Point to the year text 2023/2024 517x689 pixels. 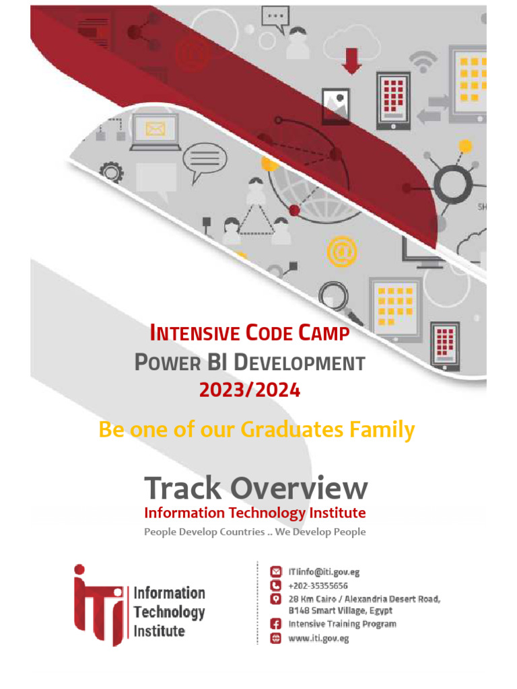tap(249, 390)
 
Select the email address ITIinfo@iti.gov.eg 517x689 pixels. tap(324, 572)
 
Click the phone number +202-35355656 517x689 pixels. tap(318, 585)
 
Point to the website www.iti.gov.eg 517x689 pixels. tap(318, 639)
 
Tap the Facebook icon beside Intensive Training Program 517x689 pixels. tap(275, 624)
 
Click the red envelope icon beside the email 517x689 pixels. tap(275, 572)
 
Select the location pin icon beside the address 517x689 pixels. tap(275, 599)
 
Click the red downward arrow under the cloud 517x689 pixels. tap(352, 61)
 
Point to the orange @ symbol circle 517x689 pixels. tap(341, 252)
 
